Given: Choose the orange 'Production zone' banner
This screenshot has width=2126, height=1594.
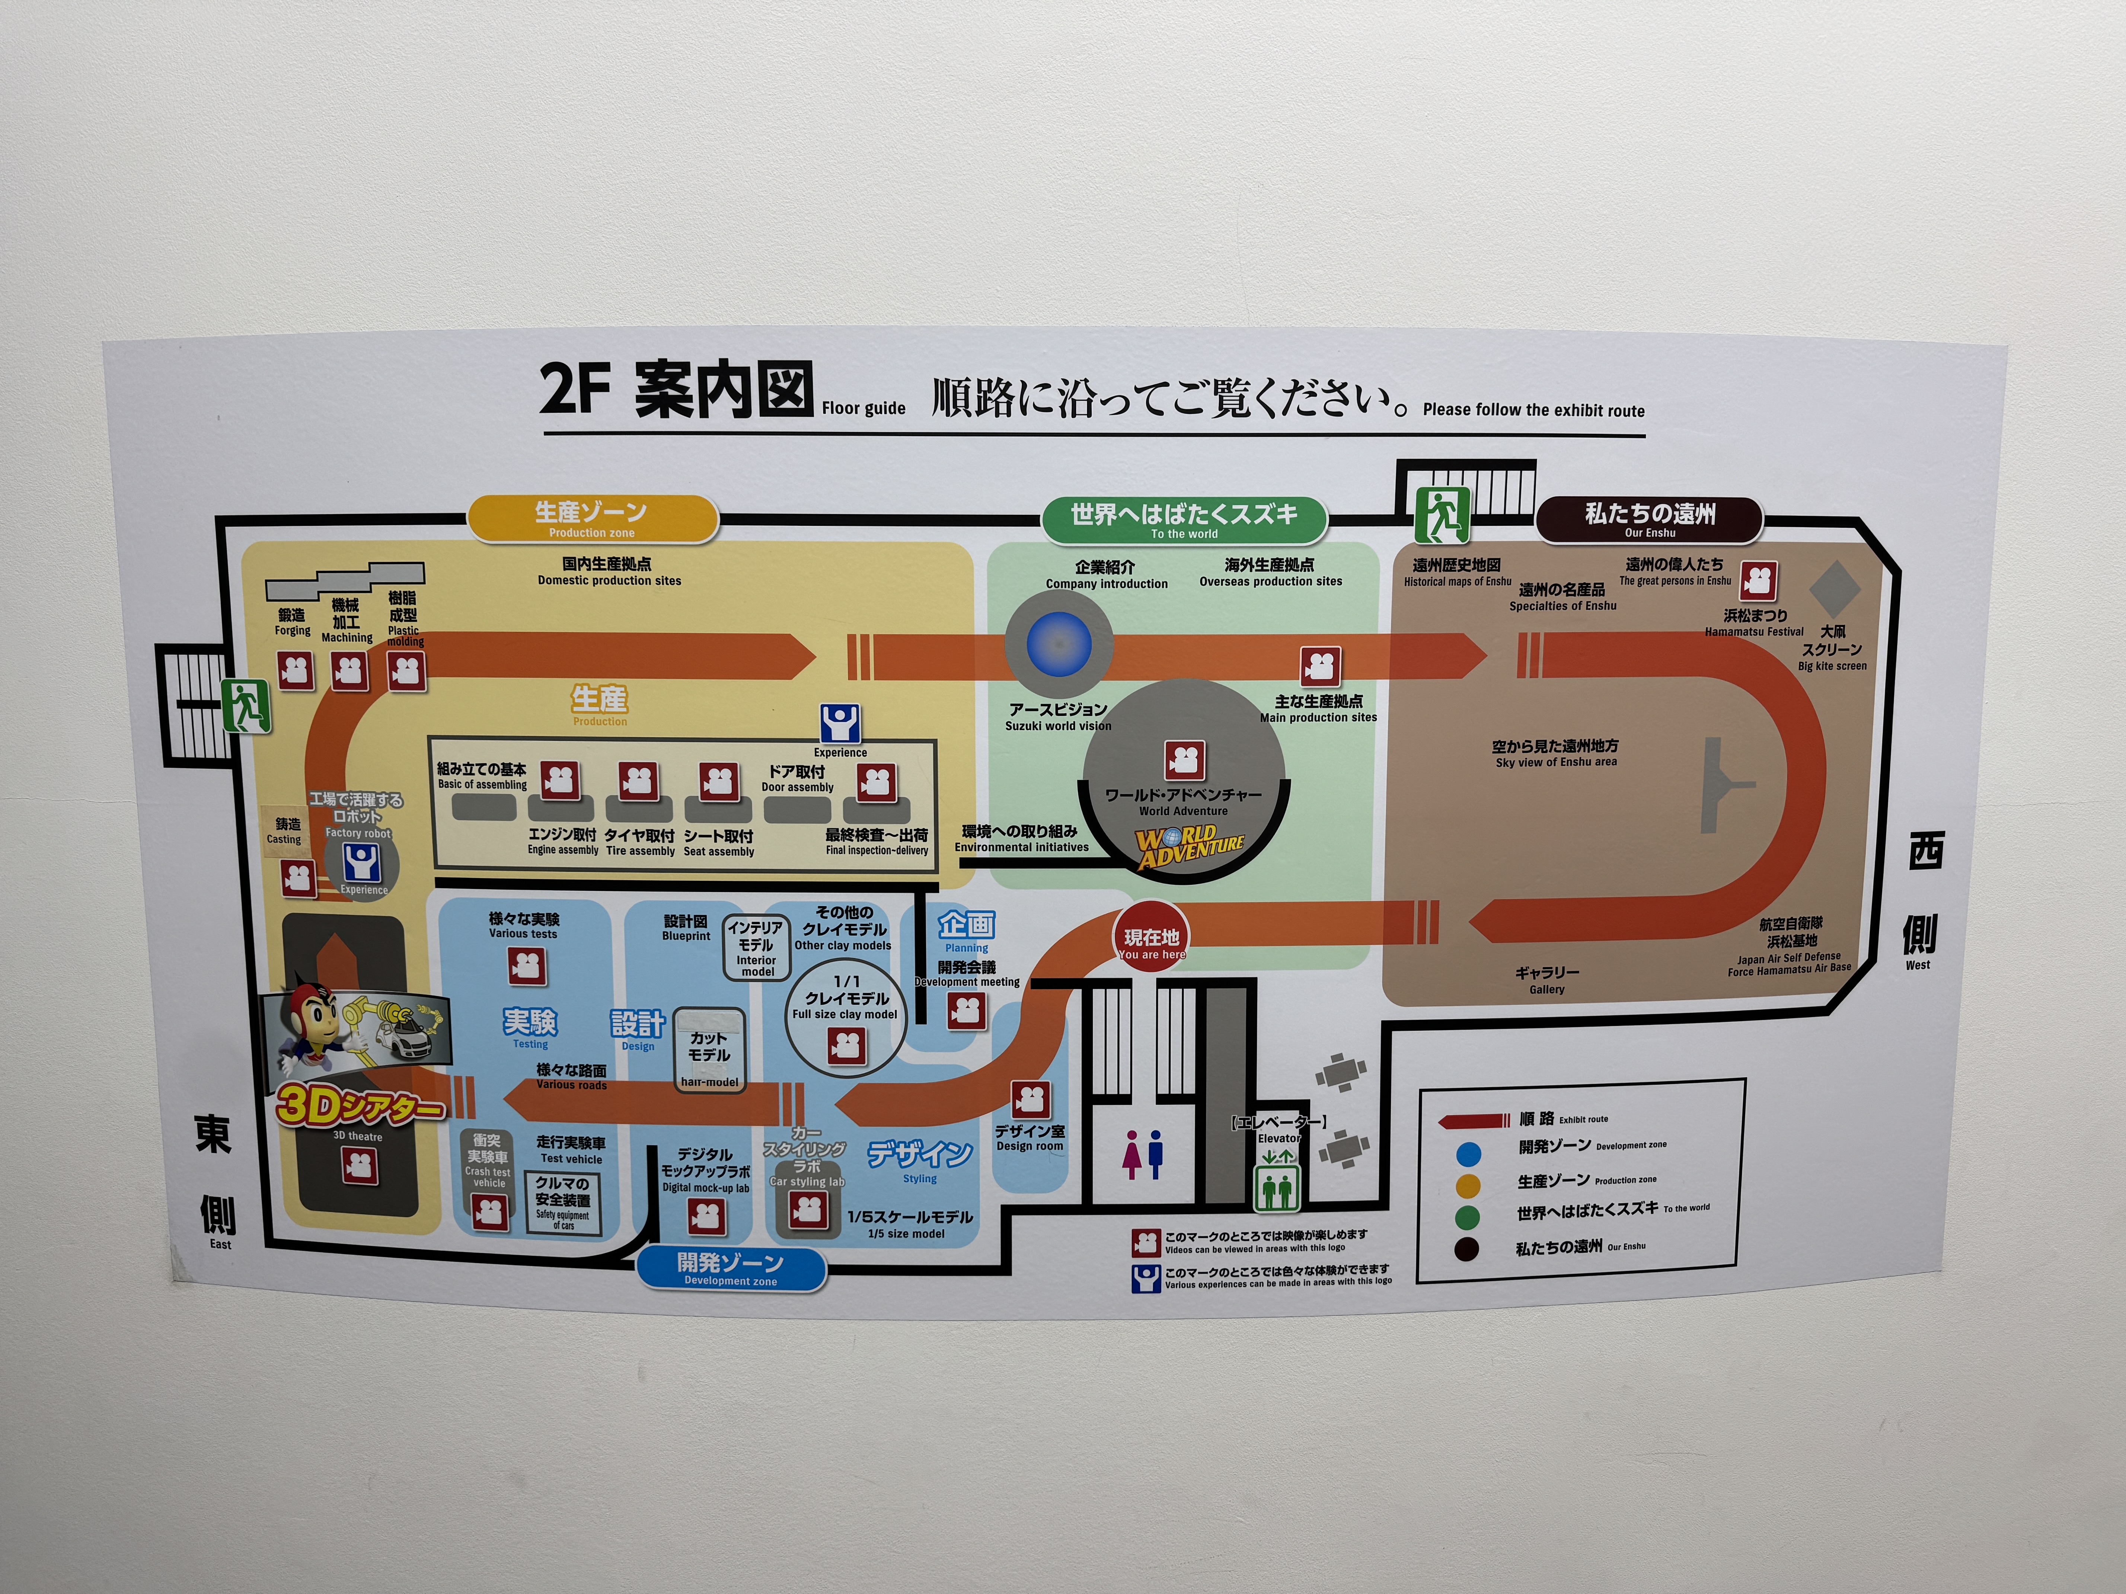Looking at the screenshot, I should point(592,519).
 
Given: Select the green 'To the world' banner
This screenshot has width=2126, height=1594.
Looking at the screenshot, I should point(1184,520).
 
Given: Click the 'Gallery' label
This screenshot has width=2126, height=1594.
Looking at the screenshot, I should point(1546,980).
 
